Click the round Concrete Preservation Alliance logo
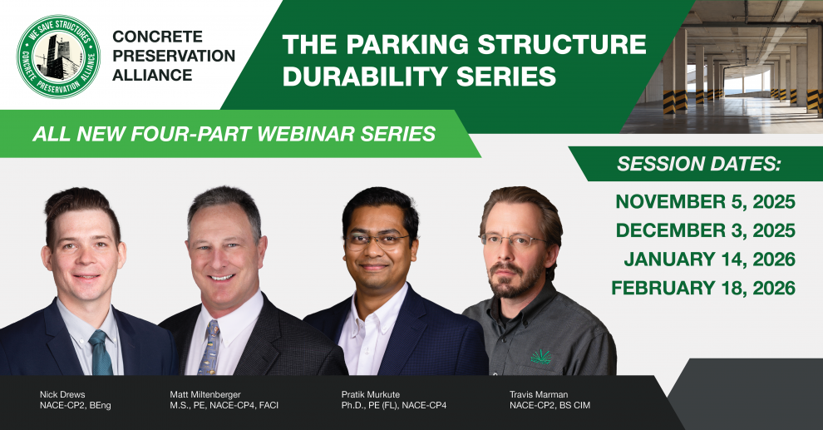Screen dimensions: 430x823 pos(58,57)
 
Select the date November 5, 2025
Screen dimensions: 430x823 pos(705,202)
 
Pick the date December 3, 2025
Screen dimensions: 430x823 pos(705,230)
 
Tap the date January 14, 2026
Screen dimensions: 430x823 pos(709,259)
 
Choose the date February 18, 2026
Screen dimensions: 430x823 pos(703,289)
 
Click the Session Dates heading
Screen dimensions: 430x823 pos(699,164)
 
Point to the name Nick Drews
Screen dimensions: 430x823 pos(62,393)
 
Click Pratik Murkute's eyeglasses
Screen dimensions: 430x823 pos(379,240)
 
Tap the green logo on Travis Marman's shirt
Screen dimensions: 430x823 pos(542,357)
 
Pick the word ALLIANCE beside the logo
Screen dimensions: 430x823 pos(152,75)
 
